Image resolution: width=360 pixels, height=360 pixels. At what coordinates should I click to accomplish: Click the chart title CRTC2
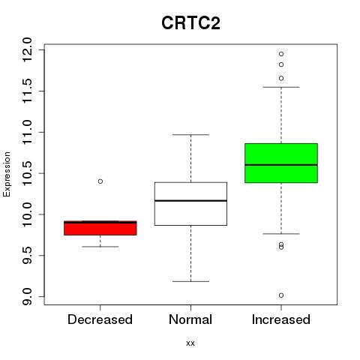[190, 23]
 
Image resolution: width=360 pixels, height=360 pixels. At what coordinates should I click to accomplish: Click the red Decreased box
[100, 228]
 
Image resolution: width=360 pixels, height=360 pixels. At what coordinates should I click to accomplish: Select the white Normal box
[190, 204]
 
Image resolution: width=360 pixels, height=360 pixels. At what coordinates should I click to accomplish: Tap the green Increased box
[281, 163]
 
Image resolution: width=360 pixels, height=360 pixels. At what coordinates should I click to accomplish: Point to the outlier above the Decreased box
[100, 181]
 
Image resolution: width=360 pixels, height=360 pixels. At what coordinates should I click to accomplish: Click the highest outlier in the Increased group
[281, 54]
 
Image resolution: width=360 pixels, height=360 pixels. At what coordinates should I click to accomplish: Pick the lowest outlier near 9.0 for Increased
[281, 295]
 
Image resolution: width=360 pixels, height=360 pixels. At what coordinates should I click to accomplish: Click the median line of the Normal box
[190, 201]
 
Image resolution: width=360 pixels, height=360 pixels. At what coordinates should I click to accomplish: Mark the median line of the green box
[281, 165]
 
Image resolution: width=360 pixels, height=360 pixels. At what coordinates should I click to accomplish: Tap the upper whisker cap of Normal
[190, 135]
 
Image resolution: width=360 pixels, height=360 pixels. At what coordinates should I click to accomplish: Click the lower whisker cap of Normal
[190, 281]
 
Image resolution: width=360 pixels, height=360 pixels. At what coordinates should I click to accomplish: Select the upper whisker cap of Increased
[281, 87]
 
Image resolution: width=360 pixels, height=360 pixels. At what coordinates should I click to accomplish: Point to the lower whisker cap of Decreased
[100, 247]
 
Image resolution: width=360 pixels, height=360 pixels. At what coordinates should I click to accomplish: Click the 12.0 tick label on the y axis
[26, 49]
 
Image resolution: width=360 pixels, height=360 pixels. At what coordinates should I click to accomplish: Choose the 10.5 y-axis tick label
[26, 173]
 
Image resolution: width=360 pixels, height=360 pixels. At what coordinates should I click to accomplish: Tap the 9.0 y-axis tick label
[26, 296]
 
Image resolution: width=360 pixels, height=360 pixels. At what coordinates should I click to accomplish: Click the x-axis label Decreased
[100, 319]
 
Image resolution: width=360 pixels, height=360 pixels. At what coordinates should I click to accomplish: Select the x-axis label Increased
[281, 319]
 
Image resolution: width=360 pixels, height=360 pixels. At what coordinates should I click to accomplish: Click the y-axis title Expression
[7, 174]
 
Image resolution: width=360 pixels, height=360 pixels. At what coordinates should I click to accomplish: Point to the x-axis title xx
[190, 343]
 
